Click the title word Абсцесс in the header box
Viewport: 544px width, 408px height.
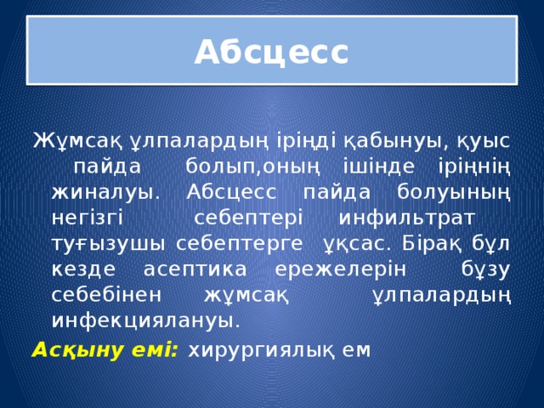pyautogui.click(x=271, y=53)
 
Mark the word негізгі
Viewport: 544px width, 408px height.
pyautogui.click(x=88, y=218)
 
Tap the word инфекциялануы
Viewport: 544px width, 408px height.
pyautogui.click(x=145, y=321)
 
